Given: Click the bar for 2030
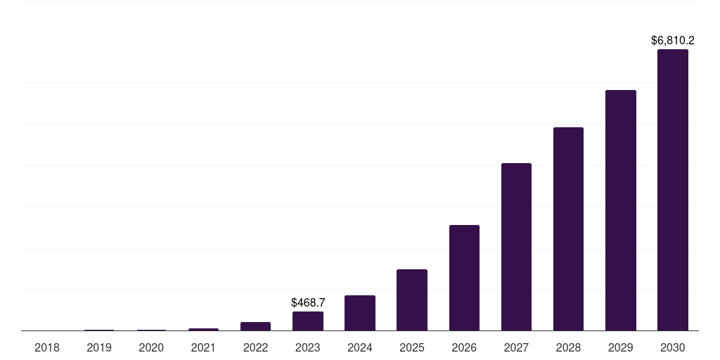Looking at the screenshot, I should [672, 190].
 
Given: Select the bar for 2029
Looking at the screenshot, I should [620, 210].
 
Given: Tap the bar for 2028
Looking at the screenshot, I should [568, 229].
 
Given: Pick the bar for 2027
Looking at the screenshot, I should [516, 247].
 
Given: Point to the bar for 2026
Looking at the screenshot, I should [464, 278].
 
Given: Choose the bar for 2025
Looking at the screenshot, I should [412, 300].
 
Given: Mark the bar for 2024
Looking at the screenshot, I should [360, 313].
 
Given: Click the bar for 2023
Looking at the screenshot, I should [308, 321].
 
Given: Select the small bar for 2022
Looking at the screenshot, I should [255, 326].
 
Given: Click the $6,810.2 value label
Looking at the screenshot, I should [672, 41].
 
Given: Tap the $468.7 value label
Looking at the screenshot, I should [308, 302].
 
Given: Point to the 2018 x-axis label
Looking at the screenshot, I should [47, 347].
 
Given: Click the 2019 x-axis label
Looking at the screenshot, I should [99, 347].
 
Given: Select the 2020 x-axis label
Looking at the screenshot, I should [151, 347].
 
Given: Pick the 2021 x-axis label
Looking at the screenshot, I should [203, 347].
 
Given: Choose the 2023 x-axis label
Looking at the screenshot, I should [308, 347].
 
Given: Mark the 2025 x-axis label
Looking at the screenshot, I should [412, 347].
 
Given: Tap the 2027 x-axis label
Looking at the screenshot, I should [516, 347].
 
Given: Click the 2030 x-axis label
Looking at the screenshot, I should [672, 347].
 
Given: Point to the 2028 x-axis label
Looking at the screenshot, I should [568, 347].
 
